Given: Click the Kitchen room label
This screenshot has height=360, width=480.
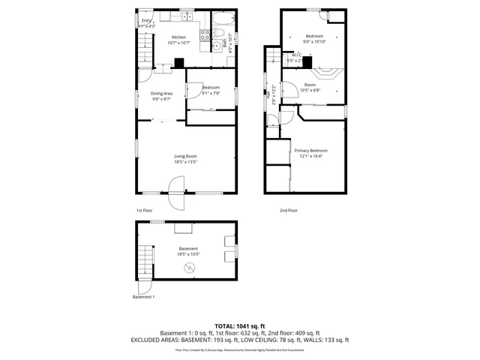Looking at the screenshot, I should [178, 37].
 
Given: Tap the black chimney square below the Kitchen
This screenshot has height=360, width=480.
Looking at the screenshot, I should [178, 64].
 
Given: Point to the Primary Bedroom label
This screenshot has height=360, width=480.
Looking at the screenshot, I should [310, 151].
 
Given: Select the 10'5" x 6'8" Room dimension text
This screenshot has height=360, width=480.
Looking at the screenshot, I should [310, 91].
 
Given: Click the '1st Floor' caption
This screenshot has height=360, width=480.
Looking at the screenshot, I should [144, 211].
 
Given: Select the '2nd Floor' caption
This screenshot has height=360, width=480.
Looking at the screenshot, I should [288, 211].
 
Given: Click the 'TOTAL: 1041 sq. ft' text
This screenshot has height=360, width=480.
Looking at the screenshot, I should [240, 325].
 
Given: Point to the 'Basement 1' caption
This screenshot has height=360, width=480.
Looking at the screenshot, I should [143, 298].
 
